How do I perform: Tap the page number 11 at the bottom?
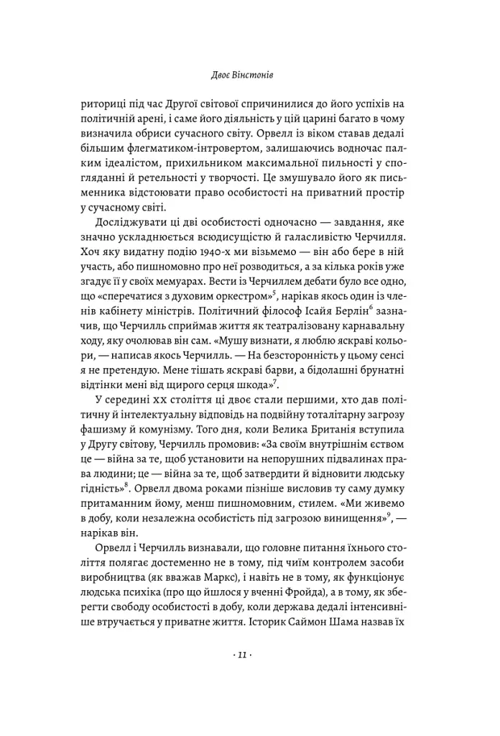click(x=249, y=655)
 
